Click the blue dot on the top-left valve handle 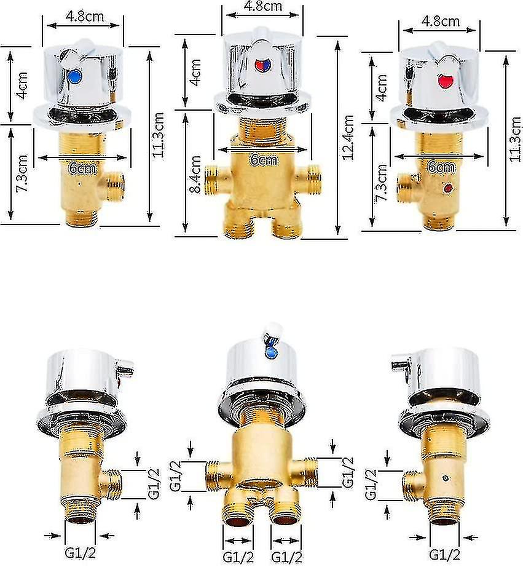point(74,76)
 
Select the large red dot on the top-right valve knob point(446,81)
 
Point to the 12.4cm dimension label point(348,137)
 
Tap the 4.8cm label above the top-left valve point(85,16)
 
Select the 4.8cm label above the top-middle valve point(263,6)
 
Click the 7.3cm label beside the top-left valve point(22,173)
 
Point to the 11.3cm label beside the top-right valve point(515,139)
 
